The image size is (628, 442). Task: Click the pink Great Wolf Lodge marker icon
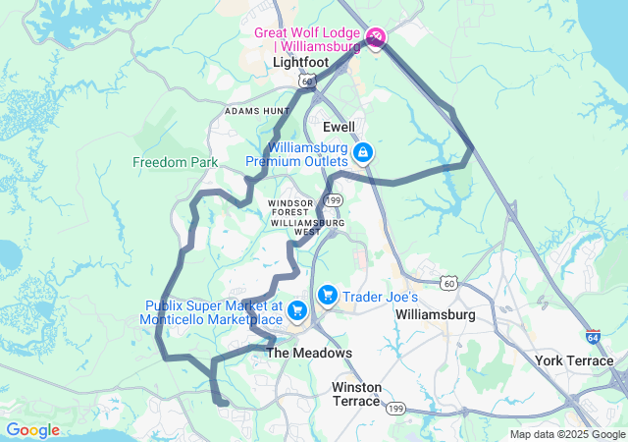[x=376, y=38]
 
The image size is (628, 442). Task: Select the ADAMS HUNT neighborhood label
[x=257, y=112]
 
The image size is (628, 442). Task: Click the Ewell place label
[x=340, y=128]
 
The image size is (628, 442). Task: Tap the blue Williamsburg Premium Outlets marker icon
[x=363, y=152]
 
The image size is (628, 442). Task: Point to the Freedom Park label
[x=176, y=161]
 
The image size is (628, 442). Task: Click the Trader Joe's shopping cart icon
[x=327, y=295]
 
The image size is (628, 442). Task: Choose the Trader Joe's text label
[x=381, y=297]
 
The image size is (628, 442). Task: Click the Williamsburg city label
[x=435, y=315]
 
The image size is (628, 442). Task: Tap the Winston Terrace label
[x=356, y=394]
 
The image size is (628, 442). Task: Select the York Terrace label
[x=575, y=360]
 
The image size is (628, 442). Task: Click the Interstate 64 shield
[x=593, y=335]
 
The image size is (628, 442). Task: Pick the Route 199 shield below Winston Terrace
[x=396, y=407]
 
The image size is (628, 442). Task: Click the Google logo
[x=32, y=430]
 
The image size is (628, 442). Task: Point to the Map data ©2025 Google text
[x=566, y=433]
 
